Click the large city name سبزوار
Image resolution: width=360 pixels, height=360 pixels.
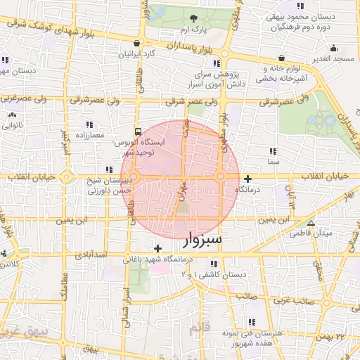tap(202, 239)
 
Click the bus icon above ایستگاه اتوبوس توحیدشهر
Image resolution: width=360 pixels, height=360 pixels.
tap(138, 131)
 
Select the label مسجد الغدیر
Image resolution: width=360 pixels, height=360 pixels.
tap(333, 58)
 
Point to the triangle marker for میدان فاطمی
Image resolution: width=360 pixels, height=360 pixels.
tap(311, 223)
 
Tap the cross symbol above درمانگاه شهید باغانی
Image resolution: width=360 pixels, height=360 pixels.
tap(157, 248)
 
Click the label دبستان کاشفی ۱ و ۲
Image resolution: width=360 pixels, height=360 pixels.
tap(215, 274)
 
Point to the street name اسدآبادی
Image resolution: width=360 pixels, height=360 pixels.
tap(89, 252)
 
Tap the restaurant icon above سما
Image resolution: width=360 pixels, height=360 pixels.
tap(272, 151)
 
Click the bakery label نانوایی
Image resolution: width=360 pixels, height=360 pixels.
tap(12, 127)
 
